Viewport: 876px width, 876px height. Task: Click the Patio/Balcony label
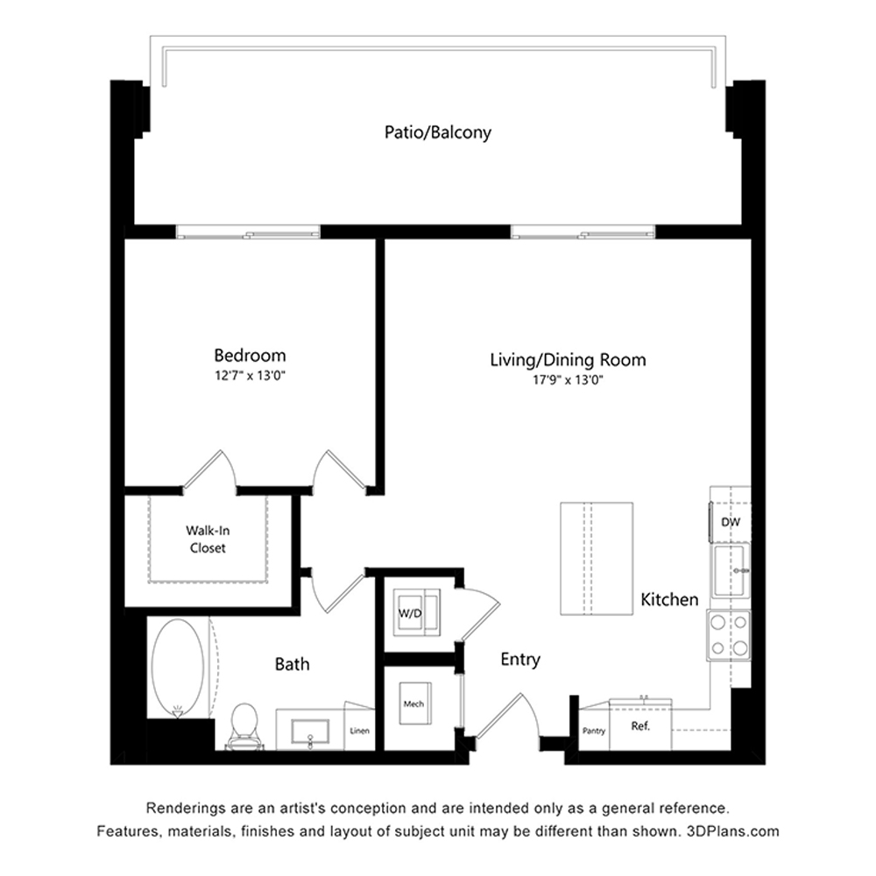click(438, 132)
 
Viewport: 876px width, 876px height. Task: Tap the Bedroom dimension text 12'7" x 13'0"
click(250, 376)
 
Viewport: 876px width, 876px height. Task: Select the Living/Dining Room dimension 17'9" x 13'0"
click(569, 380)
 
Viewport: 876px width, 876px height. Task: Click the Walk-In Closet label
click(208, 539)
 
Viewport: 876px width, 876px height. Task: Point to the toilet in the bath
click(244, 725)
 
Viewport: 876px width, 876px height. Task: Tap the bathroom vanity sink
click(310, 731)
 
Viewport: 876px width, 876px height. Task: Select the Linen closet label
click(359, 731)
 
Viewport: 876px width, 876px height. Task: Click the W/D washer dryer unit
click(417, 612)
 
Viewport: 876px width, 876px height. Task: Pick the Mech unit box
click(415, 704)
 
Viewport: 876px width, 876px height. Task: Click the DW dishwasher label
click(731, 522)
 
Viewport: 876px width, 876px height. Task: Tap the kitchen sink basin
click(731, 571)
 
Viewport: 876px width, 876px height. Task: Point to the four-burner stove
click(729, 635)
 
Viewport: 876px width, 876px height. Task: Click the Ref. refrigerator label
click(640, 727)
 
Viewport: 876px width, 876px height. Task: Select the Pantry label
click(594, 731)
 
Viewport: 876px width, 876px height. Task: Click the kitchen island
click(597, 559)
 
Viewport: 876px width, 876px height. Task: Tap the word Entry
click(520, 660)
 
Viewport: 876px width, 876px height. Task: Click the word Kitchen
click(669, 599)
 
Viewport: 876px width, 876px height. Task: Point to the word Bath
click(292, 664)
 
